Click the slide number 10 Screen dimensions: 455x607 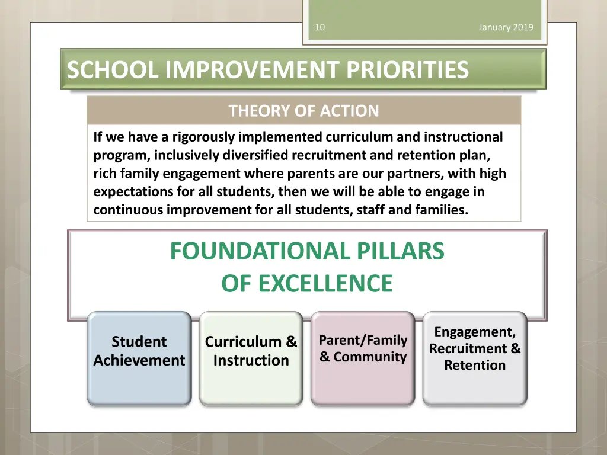click(320, 27)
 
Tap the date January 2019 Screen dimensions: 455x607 click(506, 27)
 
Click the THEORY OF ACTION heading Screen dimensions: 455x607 click(303, 111)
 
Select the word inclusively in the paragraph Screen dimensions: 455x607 click(186, 156)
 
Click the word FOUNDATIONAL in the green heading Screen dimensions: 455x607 click(260, 251)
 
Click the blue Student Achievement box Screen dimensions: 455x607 click(139, 358)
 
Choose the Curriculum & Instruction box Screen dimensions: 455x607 click(251, 358)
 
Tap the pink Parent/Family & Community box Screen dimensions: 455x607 click(363, 358)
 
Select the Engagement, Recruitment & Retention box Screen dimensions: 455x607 click(475, 358)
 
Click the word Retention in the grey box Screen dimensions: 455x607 click(475, 365)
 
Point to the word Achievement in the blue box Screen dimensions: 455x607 click(139, 360)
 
